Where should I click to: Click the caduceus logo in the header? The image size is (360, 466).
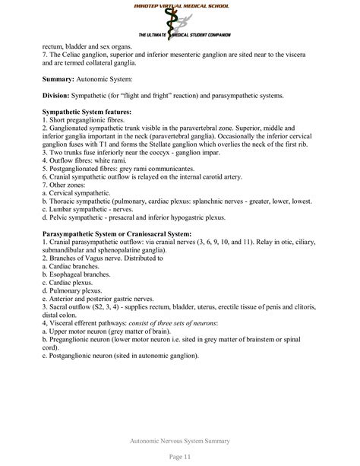click(179, 23)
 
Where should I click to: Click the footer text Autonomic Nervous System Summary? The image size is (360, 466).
click(180, 439)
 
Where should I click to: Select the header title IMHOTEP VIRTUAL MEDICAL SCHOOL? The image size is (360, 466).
click(180, 5)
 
